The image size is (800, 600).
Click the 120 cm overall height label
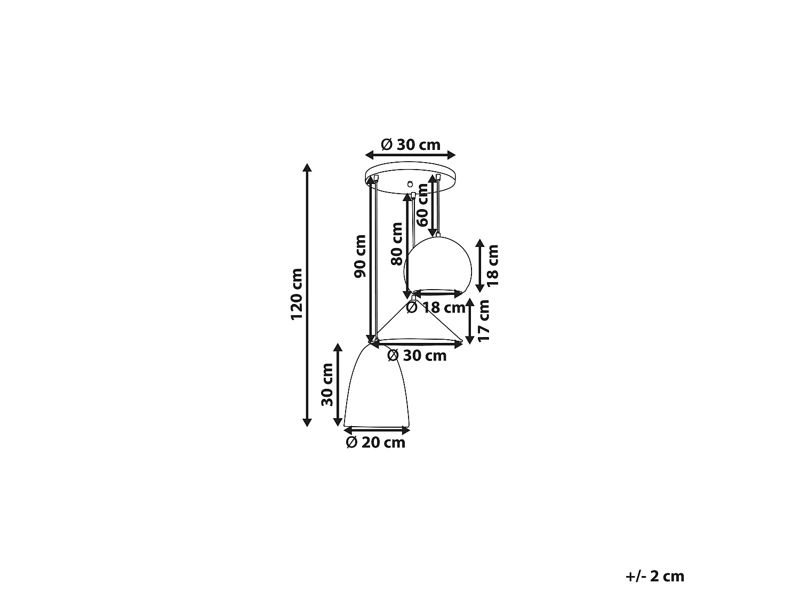(x=297, y=294)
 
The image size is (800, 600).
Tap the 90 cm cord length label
(x=360, y=257)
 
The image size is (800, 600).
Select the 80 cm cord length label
(x=397, y=244)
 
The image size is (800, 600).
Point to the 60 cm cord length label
(x=422, y=205)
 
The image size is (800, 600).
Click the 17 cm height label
(x=483, y=321)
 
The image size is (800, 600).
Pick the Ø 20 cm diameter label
(x=375, y=443)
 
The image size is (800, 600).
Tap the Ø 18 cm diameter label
(x=436, y=308)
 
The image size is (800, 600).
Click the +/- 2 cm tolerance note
(x=655, y=577)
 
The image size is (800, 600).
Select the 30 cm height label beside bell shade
(x=327, y=385)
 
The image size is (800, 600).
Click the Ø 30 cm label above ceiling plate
(x=411, y=145)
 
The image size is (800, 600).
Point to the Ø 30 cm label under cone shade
(x=417, y=356)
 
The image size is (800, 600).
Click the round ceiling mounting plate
(x=410, y=178)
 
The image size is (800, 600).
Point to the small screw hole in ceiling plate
(x=410, y=185)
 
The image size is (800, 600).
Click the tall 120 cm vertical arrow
(x=307, y=295)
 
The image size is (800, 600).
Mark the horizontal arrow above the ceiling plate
(x=410, y=155)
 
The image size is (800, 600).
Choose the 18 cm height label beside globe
(x=492, y=266)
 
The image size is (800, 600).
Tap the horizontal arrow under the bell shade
(x=377, y=430)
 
